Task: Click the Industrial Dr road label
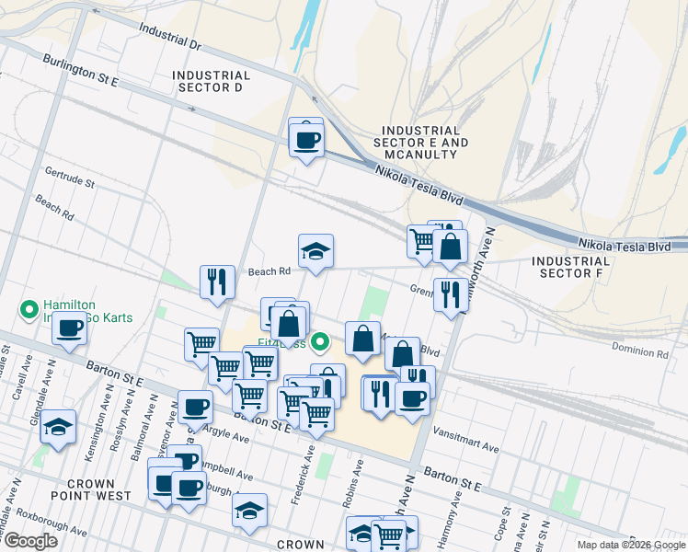170,36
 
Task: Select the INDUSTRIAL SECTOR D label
212,81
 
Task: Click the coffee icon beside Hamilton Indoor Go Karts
69,328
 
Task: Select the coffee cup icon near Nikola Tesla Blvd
306,140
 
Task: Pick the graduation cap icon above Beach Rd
315,251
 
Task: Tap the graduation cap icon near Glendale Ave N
58,428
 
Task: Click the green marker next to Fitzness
320,342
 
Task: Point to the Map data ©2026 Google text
630,545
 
